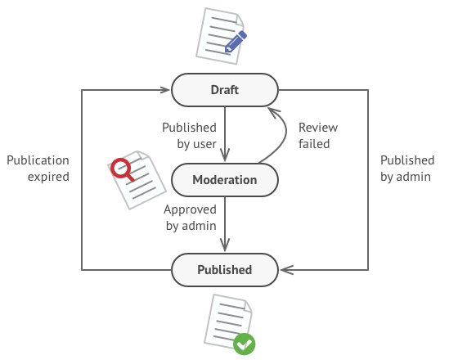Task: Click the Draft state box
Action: click(224, 90)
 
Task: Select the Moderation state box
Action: click(224, 179)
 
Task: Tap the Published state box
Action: click(224, 269)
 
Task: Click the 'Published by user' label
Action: click(189, 136)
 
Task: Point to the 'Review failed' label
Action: click(317, 136)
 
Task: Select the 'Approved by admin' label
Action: click(190, 217)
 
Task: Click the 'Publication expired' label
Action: click(38, 168)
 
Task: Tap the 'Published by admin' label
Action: click(406, 168)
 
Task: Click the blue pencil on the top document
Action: click(236, 41)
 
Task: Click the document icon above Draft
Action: click(219, 35)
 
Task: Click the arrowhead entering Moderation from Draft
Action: click(225, 157)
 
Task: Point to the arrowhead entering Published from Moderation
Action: click(225, 247)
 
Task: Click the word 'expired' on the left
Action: click(48, 176)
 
